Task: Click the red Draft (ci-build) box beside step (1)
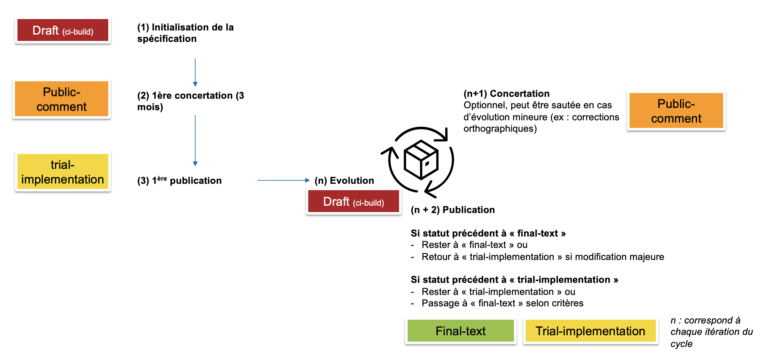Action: pos(63,30)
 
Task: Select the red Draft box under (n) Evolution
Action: pos(353,202)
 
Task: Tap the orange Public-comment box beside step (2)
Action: pos(62,99)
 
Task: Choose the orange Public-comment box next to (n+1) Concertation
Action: pos(676,111)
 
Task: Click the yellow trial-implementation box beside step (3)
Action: pos(63,172)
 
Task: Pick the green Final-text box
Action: pos(460,331)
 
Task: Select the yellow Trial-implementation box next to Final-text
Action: pos(590,331)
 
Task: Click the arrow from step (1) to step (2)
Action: pos(195,72)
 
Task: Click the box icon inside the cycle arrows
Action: pos(421,160)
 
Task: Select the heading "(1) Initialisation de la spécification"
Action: pos(185,33)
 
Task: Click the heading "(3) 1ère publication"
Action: pos(179,180)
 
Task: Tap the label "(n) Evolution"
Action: pos(344,180)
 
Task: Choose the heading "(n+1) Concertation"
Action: pos(506,94)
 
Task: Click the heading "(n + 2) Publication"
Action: pos(453,210)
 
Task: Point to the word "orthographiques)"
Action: pos(500,129)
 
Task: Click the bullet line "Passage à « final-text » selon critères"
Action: pos(502,303)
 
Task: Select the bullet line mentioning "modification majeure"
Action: pos(543,257)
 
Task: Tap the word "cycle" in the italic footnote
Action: pos(681,344)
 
